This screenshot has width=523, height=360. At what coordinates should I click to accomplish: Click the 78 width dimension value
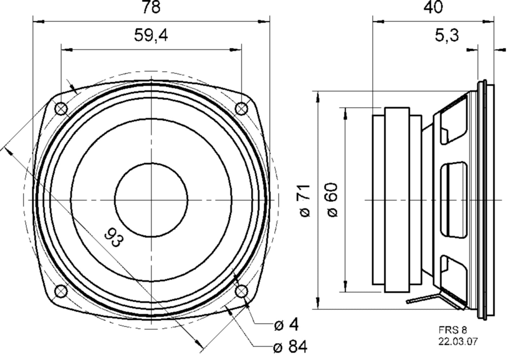click(151, 8)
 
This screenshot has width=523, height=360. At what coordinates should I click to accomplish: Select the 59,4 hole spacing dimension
click(151, 35)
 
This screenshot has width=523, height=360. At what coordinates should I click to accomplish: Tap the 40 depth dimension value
click(433, 8)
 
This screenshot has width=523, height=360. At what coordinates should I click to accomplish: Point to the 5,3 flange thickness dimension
click(447, 35)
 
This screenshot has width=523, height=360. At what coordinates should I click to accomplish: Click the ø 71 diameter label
click(305, 201)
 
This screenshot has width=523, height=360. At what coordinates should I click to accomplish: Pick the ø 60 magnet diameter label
click(333, 200)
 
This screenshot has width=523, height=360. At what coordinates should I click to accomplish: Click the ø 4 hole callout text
click(286, 325)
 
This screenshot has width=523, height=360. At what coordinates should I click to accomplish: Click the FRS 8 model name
click(453, 330)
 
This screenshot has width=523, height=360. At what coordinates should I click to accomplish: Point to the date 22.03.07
click(458, 341)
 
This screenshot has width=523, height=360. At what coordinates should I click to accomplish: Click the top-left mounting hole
click(61, 108)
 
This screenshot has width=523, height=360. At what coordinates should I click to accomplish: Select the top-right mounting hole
click(241, 109)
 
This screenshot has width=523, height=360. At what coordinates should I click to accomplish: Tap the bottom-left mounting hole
click(61, 291)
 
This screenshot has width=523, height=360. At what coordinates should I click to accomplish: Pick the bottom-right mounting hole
click(241, 291)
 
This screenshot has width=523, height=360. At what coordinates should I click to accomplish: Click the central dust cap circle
click(151, 200)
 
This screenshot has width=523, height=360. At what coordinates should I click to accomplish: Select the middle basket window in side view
click(454, 200)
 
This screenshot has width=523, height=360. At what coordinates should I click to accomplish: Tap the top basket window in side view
click(454, 120)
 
